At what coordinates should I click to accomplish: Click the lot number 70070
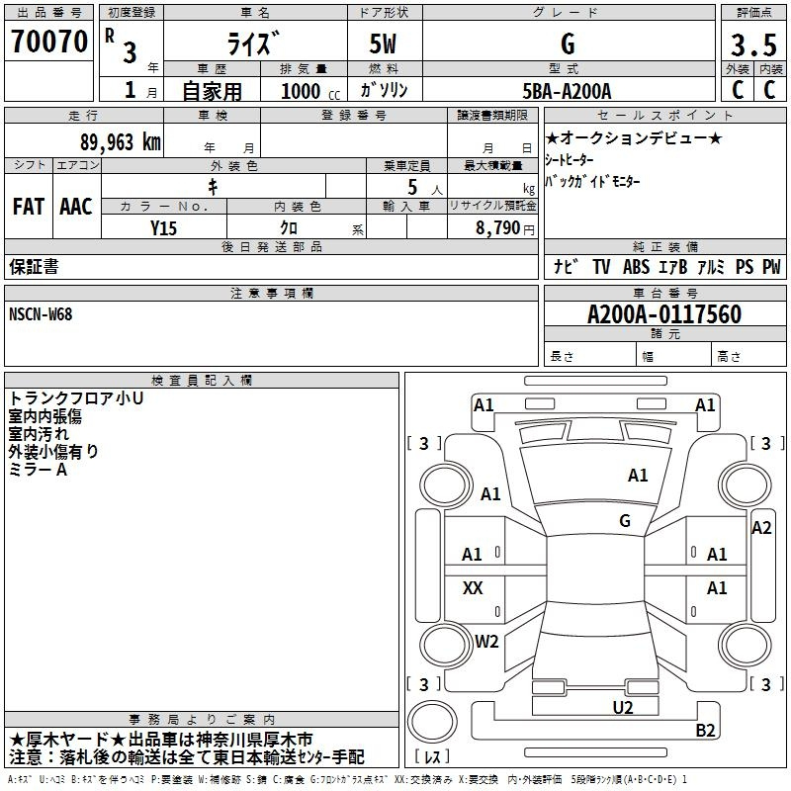[x=49, y=42]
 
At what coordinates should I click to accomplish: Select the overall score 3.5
[x=753, y=44]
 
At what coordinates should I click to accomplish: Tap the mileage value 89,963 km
[x=120, y=142]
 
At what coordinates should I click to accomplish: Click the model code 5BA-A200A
[x=567, y=91]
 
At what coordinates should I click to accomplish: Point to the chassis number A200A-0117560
[x=664, y=314]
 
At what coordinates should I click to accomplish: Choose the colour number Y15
[x=163, y=228]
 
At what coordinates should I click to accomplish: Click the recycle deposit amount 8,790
[x=497, y=228]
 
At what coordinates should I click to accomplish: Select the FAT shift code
[x=29, y=207]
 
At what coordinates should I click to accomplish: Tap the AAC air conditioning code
[x=76, y=207]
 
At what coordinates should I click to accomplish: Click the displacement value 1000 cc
[x=310, y=92]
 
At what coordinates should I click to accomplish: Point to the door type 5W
[x=383, y=44]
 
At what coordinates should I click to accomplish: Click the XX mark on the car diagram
[x=473, y=587]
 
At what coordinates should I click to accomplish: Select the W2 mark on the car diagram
[x=486, y=641]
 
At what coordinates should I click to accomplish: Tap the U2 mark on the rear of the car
[x=623, y=708]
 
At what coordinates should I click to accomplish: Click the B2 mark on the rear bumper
[x=705, y=730]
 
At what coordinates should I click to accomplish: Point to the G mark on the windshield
[x=625, y=521]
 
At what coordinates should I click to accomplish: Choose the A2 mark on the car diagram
[x=761, y=528]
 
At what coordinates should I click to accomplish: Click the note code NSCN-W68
[x=41, y=314]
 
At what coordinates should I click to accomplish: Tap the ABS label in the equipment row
[x=636, y=267]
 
